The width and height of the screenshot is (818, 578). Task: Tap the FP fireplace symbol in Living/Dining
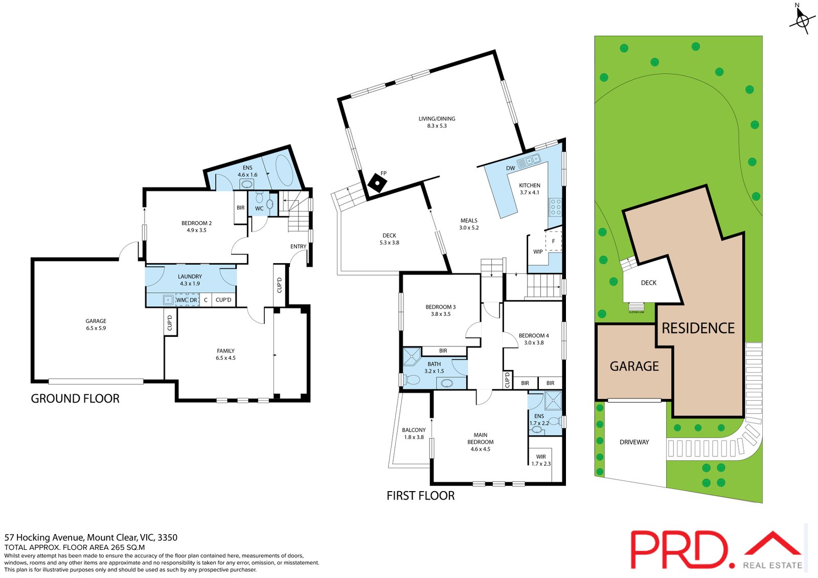pos(377,182)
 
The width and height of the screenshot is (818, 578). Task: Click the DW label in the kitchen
pos(510,168)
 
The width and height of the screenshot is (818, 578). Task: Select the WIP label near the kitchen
pos(538,251)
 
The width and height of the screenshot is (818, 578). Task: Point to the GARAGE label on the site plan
pos(634,366)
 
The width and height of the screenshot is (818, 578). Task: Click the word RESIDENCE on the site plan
pos(698,328)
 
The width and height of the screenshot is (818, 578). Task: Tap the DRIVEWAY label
pos(634,442)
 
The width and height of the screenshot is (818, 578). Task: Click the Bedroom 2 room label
pos(196,226)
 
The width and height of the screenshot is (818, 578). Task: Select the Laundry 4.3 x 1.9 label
pos(190,280)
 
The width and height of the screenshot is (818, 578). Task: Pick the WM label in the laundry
pos(180,300)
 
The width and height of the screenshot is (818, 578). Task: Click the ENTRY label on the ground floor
pos(298,246)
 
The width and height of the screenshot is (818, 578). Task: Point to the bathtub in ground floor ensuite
pos(283,168)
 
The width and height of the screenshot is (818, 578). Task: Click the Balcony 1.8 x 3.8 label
pos(414,433)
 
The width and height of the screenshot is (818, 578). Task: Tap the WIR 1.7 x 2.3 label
pos(541,460)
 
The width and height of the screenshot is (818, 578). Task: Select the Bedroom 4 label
pos(534,339)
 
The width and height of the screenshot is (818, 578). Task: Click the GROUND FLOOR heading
pos(75,399)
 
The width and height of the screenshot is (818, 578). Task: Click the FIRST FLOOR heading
pos(420,496)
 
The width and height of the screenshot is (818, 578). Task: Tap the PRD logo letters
pos(679,550)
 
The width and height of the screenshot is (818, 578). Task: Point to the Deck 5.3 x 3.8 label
pos(389,239)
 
